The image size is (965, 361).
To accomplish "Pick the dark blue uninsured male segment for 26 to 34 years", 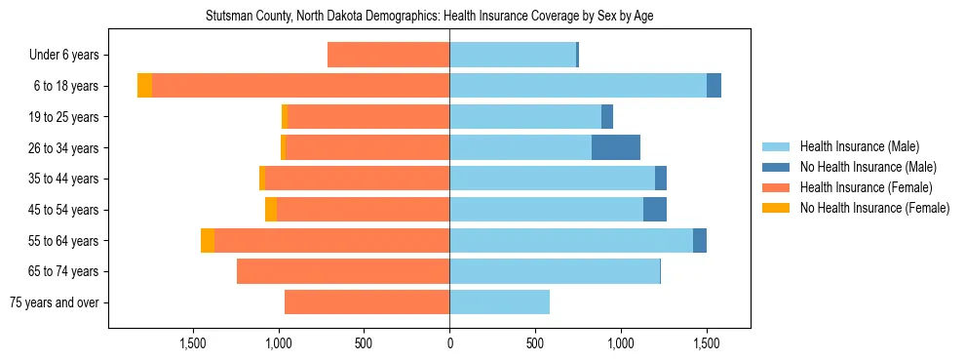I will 616,147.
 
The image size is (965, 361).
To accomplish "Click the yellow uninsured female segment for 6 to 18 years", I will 144,86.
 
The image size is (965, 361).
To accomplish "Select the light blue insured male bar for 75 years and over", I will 499,302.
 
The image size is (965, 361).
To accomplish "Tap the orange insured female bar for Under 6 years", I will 388,55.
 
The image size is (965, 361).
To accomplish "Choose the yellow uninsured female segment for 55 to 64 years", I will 208,241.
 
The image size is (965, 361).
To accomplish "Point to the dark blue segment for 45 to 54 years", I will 655,210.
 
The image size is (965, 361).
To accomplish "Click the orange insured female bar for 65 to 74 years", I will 343,271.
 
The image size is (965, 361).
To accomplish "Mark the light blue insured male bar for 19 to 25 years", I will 525,117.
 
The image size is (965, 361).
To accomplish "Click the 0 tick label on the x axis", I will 449,343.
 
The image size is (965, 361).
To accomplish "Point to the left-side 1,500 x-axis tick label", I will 193,343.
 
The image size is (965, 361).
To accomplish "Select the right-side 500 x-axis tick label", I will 535,343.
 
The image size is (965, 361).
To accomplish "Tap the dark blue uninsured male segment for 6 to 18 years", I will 714,86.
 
